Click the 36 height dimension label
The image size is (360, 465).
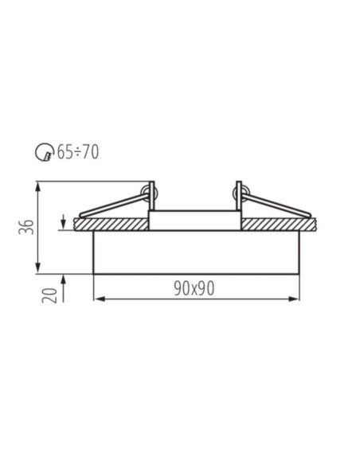[25, 227]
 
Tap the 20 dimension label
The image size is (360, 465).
[49, 295]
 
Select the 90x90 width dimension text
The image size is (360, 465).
[194, 288]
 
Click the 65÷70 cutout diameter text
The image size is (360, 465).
[78, 152]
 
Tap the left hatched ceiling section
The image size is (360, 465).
[111, 225]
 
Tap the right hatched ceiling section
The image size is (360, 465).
[279, 225]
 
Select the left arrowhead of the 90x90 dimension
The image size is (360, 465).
[99, 299]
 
